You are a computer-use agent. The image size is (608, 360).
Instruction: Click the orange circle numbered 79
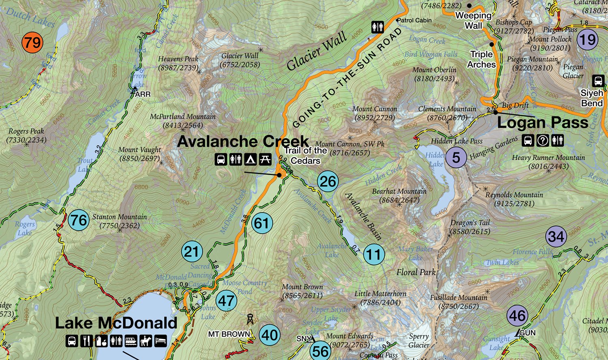click(32, 42)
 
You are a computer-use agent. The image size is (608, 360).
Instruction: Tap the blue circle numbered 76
click(79, 220)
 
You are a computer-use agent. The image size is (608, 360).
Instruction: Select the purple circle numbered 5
click(456, 157)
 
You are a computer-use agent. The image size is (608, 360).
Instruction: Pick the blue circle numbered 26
click(328, 181)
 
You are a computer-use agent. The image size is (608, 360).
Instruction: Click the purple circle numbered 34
click(556, 236)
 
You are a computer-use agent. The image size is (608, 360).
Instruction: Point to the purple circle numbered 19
click(587, 40)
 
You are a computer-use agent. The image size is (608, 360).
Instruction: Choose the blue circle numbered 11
click(374, 255)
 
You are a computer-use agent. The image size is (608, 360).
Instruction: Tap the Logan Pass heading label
click(542, 122)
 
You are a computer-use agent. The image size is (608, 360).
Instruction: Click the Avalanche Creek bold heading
click(243, 141)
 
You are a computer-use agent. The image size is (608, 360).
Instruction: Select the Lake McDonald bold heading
click(116, 323)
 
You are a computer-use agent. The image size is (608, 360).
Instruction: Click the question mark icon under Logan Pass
click(542, 140)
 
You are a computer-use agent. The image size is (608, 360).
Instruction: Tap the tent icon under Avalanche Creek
click(250, 159)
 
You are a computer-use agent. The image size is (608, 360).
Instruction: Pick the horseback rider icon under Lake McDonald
click(146, 341)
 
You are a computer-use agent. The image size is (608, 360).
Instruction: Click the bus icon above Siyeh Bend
click(598, 81)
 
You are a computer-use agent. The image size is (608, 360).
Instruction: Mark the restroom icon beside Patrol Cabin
click(377, 27)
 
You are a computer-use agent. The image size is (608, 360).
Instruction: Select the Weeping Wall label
click(473, 20)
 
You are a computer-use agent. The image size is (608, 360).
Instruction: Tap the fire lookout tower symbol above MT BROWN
click(250, 320)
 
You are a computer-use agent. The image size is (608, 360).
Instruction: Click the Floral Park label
click(416, 272)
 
